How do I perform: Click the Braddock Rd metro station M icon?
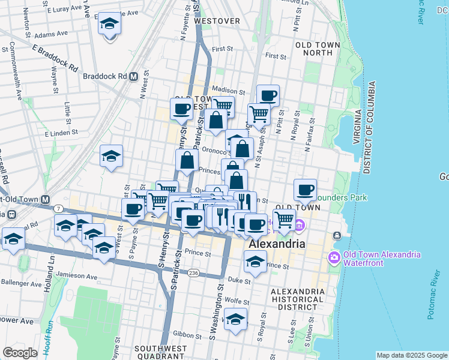pyautogui.click(x=134, y=77)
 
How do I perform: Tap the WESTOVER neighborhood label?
pyautogui.click(x=218, y=21)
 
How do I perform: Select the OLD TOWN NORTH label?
pyautogui.click(x=313, y=49)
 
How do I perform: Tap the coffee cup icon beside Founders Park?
pyautogui.click(x=306, y=190)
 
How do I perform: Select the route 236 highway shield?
pyautogui.click(x=193, y=273)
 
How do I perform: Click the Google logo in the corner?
pyautogui.click(x=20, y=353)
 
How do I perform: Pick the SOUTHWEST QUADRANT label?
pyautogui.click(x=161, y=352)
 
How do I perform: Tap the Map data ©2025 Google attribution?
pyautogui.click(x=411, y=355)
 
